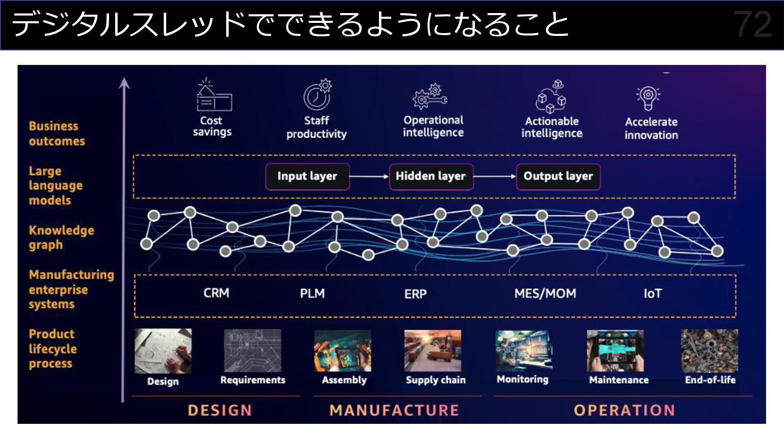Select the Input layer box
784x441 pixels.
[x=307, y=176]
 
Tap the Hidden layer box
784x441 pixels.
[x=431, y=176]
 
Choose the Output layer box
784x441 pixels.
[x=558, y=176]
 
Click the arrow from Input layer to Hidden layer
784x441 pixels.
[x=369, y=176]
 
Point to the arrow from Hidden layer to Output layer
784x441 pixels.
[x=495, y=176]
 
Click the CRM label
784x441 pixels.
[x=216, y=293]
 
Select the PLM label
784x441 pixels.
[x=312, y=293]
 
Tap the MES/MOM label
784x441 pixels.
[x=545, y=293]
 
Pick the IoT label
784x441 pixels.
[x=653, y=293]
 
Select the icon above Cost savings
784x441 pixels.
[x=214, y=96]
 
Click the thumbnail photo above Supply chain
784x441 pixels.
[x=433, y=351]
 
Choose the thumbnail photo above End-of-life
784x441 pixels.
[x=709, y=351]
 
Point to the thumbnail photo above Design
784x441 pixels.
[x=163, y=351]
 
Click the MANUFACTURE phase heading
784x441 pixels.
[x=394, y=410]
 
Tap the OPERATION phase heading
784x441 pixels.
[x=624, y=410]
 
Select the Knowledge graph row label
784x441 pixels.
[x=61, y=237]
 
